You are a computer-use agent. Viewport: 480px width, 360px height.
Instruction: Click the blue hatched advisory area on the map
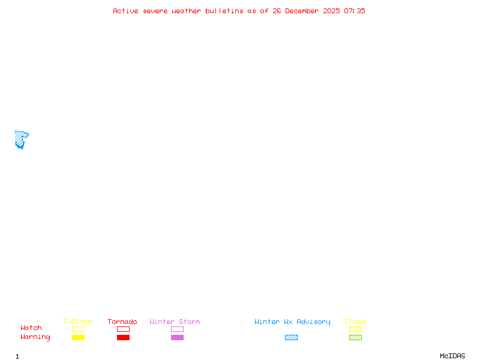tap(20, 139)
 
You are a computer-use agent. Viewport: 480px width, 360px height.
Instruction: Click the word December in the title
tap(302, 11)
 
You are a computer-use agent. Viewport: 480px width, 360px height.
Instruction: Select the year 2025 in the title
tap(331, 11)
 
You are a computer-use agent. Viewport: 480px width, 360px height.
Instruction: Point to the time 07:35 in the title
tap(354, 11)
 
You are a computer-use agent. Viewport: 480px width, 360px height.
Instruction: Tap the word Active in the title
tap(125, 11)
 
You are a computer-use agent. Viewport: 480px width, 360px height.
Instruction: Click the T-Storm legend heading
tap(77, 322)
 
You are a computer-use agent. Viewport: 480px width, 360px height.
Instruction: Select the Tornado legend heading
tap(122, 322)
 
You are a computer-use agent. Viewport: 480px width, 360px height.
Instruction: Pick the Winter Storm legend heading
tap(175, 322)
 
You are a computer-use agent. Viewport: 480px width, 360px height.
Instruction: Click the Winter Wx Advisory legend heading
tap(292, 322)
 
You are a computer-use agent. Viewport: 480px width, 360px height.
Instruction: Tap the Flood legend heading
tap(355, 322)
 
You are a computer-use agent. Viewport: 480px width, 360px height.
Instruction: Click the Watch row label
tap(31, 328)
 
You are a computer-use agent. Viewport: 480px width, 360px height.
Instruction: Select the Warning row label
tap(35, 337)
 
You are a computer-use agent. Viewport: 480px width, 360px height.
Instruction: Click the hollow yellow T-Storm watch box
tap(79, 329)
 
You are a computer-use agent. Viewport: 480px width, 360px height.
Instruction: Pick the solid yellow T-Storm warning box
tap(79, 337)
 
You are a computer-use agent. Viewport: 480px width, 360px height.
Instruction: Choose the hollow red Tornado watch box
tap(124, 329)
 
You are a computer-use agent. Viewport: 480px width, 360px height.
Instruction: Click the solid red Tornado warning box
tap(124, 337)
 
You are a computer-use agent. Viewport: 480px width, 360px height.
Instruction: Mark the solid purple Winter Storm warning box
tap(177, 337)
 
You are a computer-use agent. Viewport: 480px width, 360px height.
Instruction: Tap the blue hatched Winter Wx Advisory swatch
tap(291, 337)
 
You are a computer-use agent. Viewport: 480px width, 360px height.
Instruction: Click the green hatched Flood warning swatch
tap(355, 337)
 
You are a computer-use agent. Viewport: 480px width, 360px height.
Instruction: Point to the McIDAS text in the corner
tap(452, 356)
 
